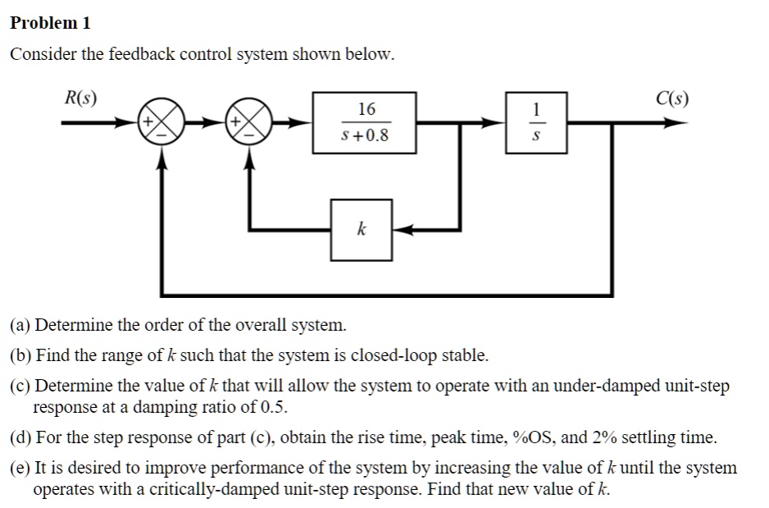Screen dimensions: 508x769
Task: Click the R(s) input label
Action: point(80,98)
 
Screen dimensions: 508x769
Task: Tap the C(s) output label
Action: point(672,98)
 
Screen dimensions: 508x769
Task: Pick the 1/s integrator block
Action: point(536,123)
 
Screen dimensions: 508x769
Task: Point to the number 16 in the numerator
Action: point(366,109)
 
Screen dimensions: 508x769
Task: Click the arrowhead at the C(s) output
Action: point(674,124)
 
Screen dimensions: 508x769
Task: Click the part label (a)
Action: point(20,325)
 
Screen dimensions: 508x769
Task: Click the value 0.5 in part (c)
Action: point(275,407)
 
